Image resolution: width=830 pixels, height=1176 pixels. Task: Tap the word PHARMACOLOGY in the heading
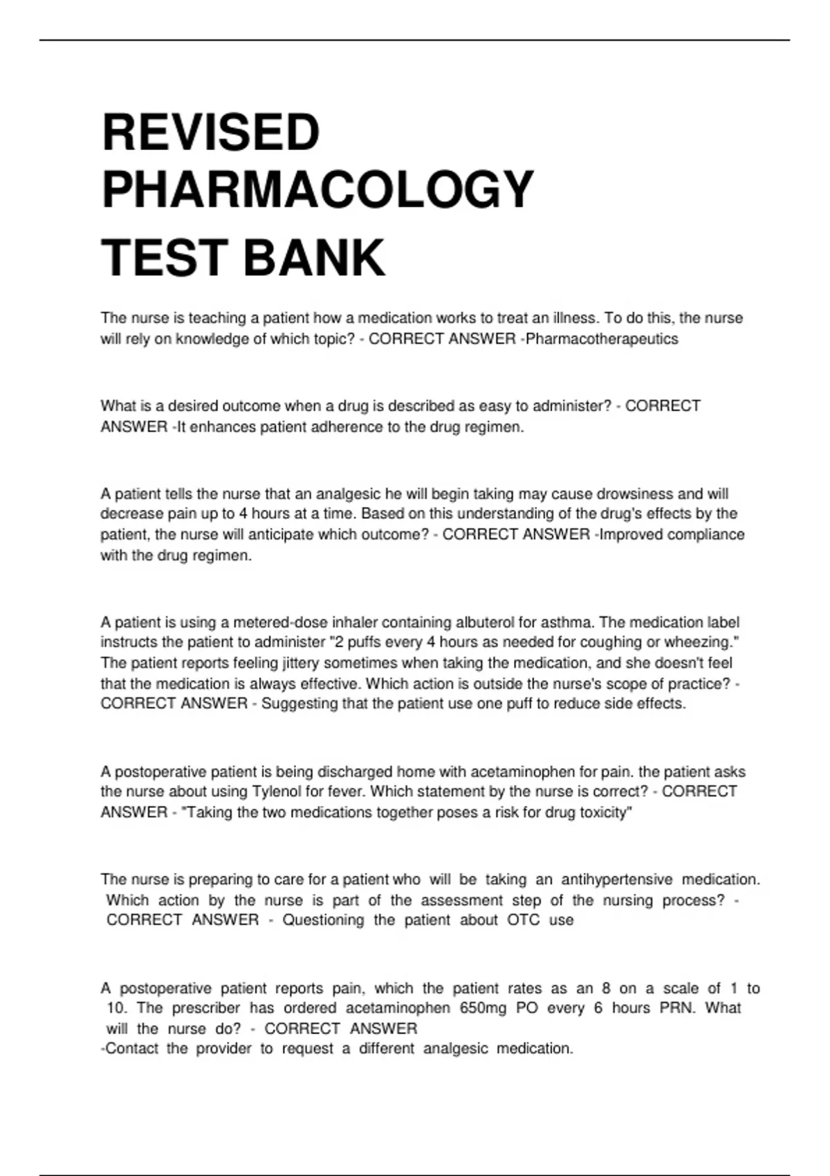[317, 190]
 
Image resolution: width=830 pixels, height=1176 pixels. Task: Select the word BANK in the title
[314, 257]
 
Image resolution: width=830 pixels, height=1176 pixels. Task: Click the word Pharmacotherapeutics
[602, 339]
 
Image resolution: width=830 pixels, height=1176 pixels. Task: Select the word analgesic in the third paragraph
[348, 494]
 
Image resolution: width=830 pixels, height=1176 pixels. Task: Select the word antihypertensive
[616, 879]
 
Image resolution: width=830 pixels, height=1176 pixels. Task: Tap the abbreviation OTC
[523, 920]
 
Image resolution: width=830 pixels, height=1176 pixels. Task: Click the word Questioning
[323, 920]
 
